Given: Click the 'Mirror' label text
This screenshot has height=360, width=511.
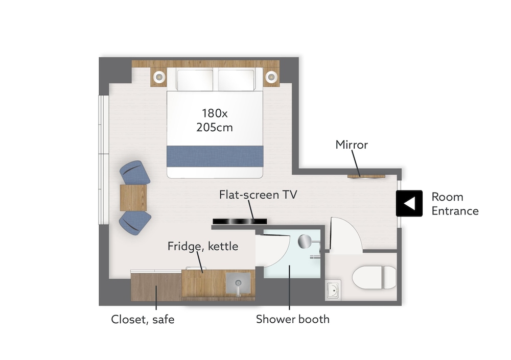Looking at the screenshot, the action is coord(352,145).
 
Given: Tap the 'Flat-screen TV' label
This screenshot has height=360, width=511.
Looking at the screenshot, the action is coord(258,195).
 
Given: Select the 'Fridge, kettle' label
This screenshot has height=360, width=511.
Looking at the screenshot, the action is coord(203,246).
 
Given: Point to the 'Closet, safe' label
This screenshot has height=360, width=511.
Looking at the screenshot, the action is coord(143,319).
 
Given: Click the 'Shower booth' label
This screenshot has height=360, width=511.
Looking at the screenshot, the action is coord(293,319).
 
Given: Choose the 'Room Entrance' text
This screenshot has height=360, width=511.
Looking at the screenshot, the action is coord(455,204).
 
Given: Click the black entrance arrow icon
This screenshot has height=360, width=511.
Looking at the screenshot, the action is coord(409,204).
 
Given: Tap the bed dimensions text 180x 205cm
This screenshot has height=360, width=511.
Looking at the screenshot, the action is coord(215,120).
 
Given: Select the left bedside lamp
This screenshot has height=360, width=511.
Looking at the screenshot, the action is coord(159,77).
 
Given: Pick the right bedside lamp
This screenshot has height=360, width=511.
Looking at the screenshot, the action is coord(271,77).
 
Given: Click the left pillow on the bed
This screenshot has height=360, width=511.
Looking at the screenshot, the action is coord(195,80).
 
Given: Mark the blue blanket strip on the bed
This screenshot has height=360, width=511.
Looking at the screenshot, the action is coord(215,156).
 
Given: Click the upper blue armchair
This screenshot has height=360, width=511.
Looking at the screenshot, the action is coord(134,173).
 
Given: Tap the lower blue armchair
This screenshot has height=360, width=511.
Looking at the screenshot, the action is coord(135,223).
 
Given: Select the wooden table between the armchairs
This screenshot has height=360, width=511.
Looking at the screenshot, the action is coord(133,198).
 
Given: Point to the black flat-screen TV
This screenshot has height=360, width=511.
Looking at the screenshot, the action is coord(240,222).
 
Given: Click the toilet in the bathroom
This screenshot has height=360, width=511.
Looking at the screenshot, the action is coord(374,278).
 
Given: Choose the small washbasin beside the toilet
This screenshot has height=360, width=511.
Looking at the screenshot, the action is coord(333,290).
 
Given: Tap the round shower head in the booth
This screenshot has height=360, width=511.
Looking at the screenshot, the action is coord(305,242).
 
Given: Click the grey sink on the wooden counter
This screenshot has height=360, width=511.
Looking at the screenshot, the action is coord(238,283).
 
